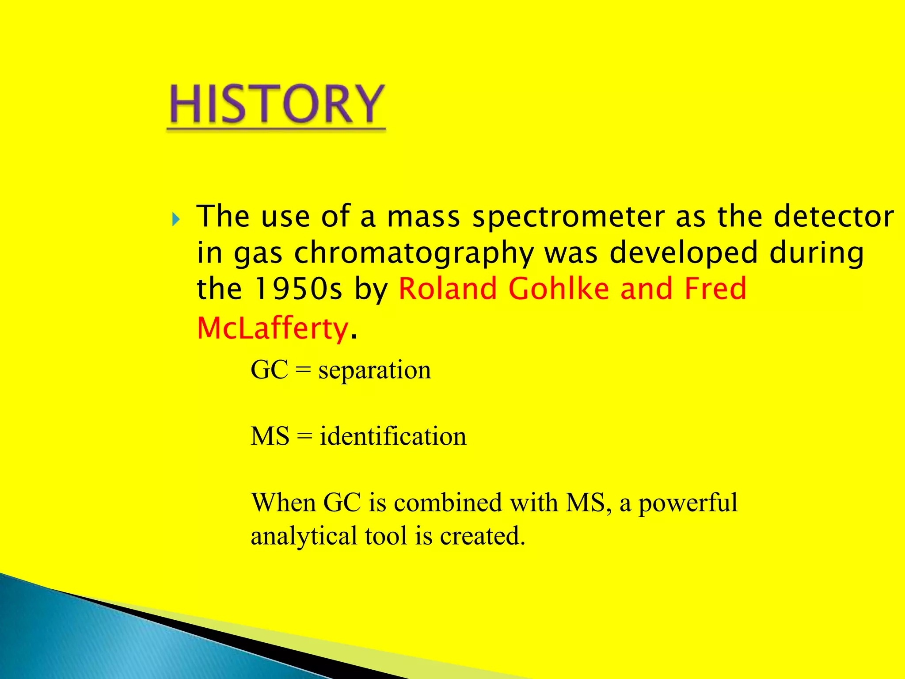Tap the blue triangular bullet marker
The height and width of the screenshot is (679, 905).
[176, 219]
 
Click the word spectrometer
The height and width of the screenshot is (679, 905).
[569, 217]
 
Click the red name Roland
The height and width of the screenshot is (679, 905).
[448, 289]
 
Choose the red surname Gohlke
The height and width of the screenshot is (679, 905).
[559, 289]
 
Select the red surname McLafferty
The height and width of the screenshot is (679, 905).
[273, 329]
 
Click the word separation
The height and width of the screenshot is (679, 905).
[375, 370]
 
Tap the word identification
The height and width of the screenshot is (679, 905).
[393, 436]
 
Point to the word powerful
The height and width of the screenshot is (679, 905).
[688, 504]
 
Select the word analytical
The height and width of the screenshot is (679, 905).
[304, 537]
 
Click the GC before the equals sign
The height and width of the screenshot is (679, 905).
[270, 370]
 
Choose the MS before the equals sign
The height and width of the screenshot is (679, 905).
[270, 436]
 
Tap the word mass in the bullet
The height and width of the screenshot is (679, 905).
[423, 217]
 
